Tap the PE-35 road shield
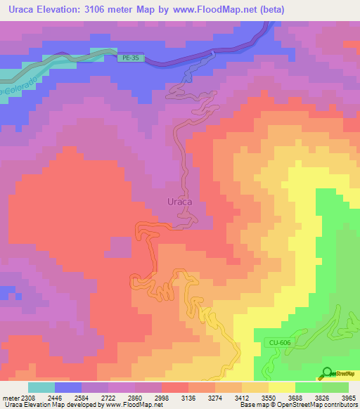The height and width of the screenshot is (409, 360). pyautogui.click(x=131, y=59)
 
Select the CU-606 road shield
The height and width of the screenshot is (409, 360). pyautogui.click(x=279, y=342)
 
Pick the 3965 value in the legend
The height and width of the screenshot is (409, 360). pyautogui.click(x=347, y=397)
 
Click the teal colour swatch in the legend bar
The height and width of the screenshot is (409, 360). pyautogui.click(x=41, y=387)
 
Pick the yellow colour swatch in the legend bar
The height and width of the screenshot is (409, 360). pyautogui.click(x=281, y=387)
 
